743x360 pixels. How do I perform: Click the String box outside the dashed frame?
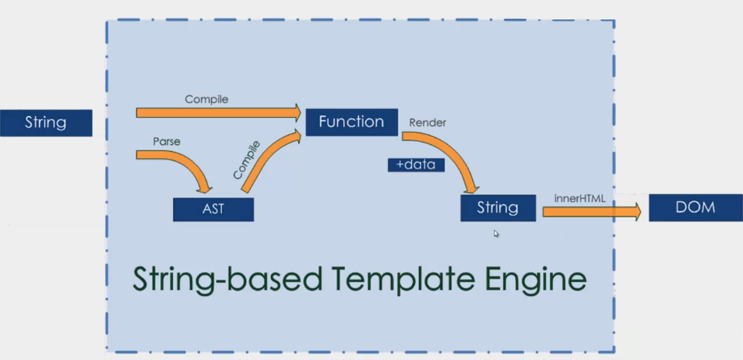pos(46,123)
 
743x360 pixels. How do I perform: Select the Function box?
pos(351,122)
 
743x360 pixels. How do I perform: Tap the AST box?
pos(213,210)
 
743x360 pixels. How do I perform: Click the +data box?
pos(416,164)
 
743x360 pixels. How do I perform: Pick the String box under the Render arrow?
pos(498,208)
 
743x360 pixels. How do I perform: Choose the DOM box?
pos(693,207)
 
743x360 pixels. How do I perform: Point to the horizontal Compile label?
pos(206,100)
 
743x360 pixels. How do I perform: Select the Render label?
pos(428,122)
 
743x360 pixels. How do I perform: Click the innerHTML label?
pos(579,199)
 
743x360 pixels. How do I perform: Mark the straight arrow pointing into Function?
pos(218,113)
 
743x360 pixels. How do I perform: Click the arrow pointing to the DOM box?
pos(591,211)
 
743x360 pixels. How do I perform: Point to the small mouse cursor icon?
pos(496,233)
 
